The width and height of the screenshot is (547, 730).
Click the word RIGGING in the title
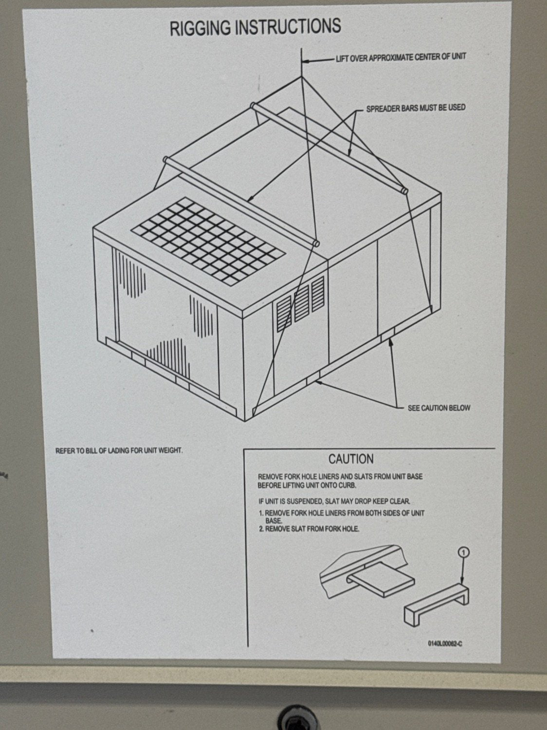(201, 28)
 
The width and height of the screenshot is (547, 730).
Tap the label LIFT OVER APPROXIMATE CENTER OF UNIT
(401, 57)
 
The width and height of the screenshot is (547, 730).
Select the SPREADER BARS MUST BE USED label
(416, 108)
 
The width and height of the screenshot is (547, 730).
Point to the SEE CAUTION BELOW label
(439, 408)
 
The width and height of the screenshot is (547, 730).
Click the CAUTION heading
(351, 459)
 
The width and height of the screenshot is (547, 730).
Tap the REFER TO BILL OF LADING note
(119, 450)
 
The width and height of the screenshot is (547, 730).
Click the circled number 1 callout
(464, 551)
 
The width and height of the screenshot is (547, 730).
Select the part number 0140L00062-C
(445, 643)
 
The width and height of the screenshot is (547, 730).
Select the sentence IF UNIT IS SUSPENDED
(335, 501)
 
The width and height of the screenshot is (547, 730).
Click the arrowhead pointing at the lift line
(305, 61)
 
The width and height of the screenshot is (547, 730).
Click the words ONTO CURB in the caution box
(339, 486)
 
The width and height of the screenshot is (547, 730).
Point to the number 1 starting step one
(261, 513)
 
